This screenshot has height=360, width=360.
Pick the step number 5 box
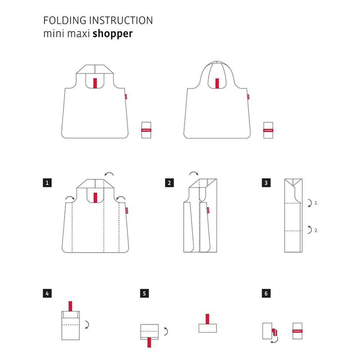point(144,293)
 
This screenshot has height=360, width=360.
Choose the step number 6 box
point(265,293)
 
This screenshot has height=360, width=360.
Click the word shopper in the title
point(113,34)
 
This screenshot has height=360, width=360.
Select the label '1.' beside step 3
point(316,203)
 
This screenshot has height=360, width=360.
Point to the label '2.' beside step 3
point(316,230)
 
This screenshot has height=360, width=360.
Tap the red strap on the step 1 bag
point(95,198)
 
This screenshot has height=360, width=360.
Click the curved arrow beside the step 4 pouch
point(87,324)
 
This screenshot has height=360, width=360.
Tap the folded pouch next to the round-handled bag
point(267,130)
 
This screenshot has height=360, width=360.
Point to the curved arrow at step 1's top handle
point(109,174)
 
